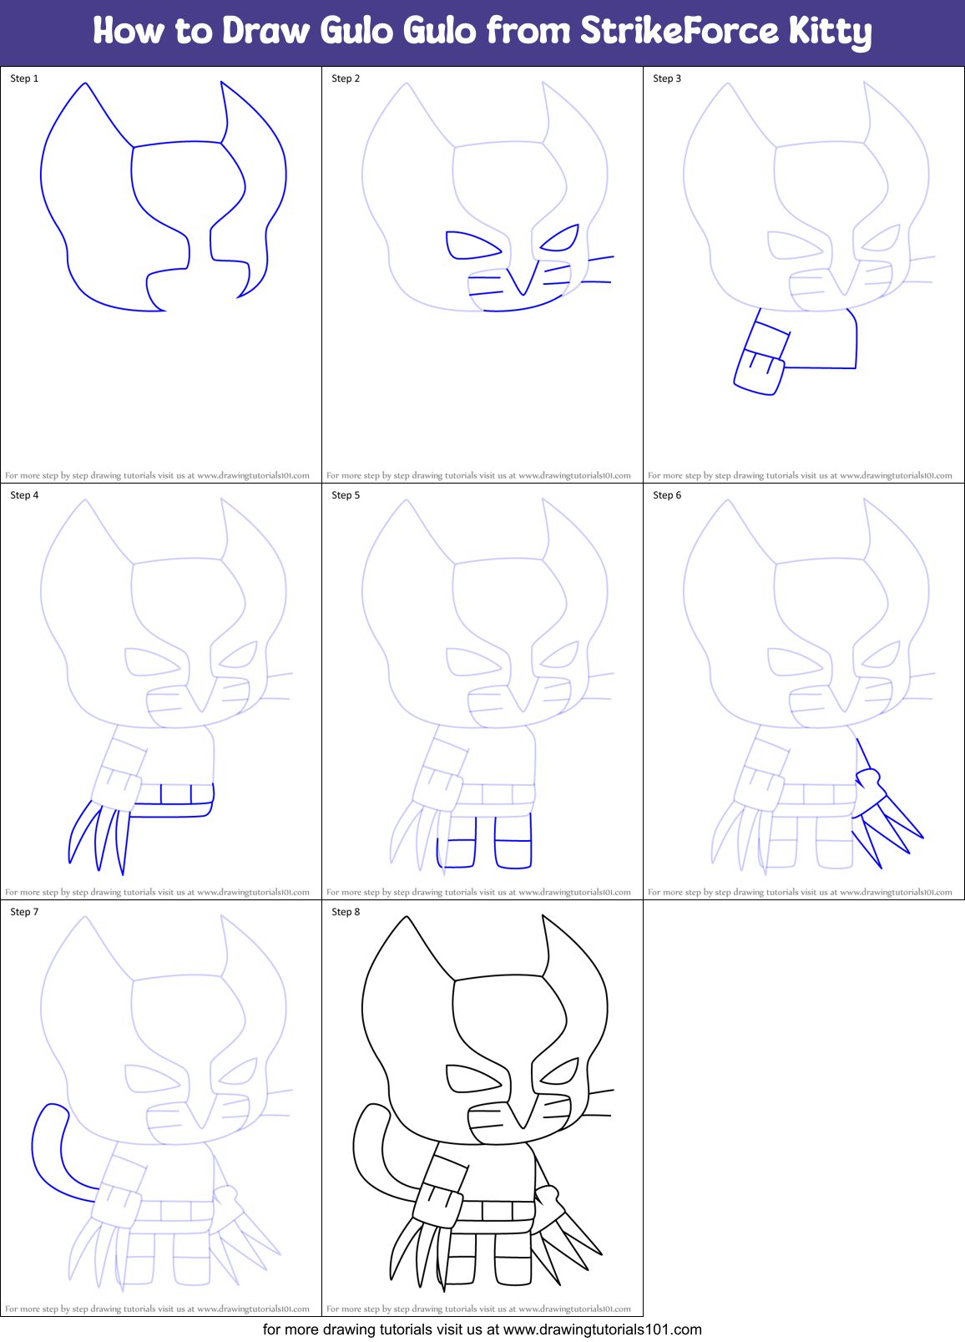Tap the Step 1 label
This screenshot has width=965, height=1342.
pyautogui.click(x=24, y=78)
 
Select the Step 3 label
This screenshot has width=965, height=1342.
pyautogui.click(x=667, y=78)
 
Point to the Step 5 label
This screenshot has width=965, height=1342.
pyautogui.click(x=346, y=495)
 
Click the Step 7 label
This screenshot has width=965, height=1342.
pyautogui.click(x=24, y=912)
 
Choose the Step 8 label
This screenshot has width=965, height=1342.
pyautogui.click(x=346, y=912)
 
